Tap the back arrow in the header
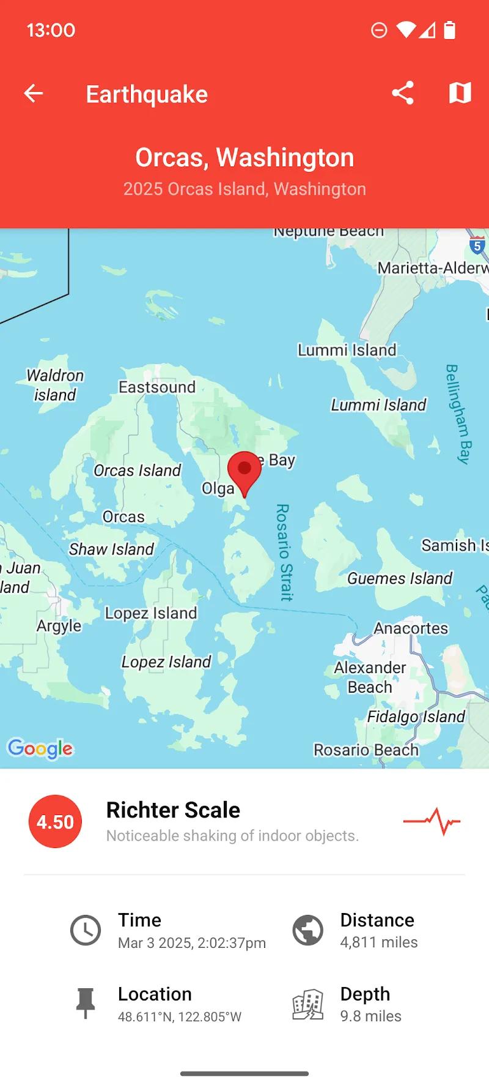click(34, 94)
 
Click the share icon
click(403, 93)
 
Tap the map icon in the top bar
click(460, 93)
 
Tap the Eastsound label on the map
click(157, 387)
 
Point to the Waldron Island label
click(55, 385)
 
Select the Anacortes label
click(411, 628)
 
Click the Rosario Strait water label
click(285, 552)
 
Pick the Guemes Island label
click(400, 578)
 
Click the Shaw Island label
click(111, 549)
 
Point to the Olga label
click(218, 488)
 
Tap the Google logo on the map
click(40, 748)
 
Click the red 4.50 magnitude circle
click(55, 821)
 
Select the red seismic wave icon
click(432, 821)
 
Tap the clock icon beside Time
click(86, 931)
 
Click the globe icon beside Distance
click(308, 931)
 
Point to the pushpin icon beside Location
click(86, 1004)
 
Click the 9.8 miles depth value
click(370, 1016)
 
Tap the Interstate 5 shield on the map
click(477, 245)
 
